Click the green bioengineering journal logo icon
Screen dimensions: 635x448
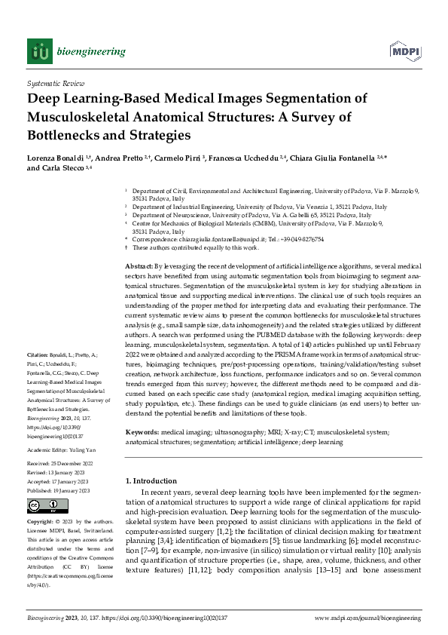[40, 51]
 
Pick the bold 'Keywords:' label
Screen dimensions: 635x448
[142, 432]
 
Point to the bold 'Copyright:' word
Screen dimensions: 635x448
[41, 522]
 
